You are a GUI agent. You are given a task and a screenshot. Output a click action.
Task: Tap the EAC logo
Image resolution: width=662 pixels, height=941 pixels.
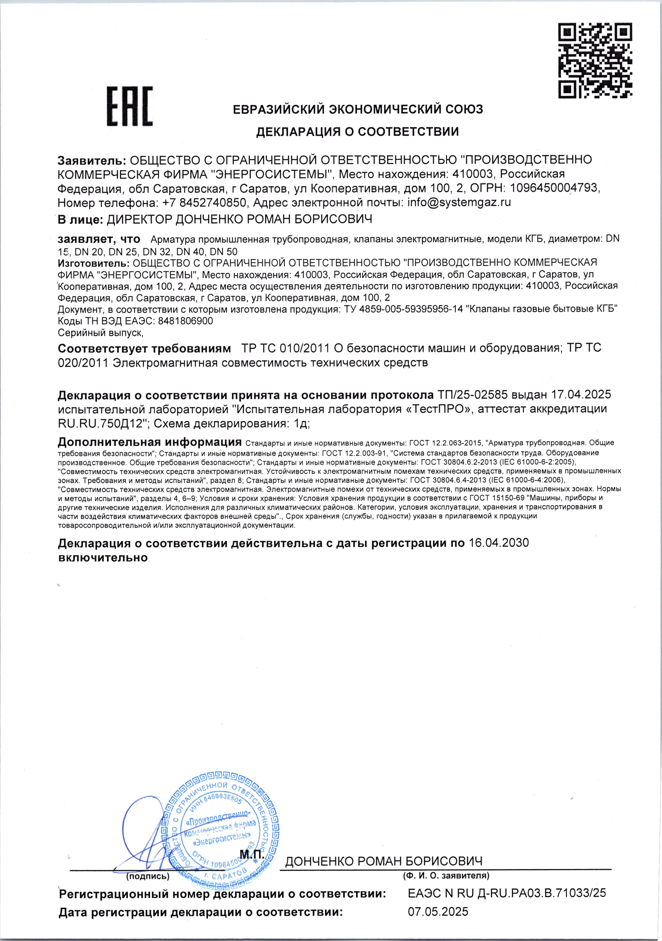pyautogui.click(x=130, y=106)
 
